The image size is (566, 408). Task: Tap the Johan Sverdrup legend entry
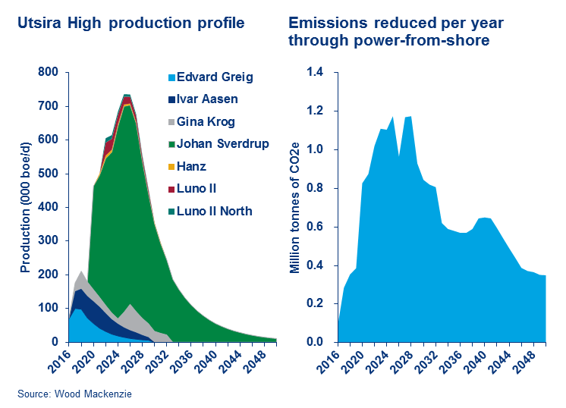click(x=222, y=143)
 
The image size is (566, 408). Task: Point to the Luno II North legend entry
click(x=219, y=211)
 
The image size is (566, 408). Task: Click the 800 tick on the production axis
click(x=48, y=73)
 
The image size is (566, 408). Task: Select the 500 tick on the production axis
click(x=48, y=174)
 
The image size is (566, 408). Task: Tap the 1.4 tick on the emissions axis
click(x=313, y=73)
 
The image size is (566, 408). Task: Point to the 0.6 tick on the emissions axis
click(x=313, y=227)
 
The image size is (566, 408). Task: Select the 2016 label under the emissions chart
click(x=329, y=361)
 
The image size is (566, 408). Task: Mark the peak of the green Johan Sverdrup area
click(x=127, y=105)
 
